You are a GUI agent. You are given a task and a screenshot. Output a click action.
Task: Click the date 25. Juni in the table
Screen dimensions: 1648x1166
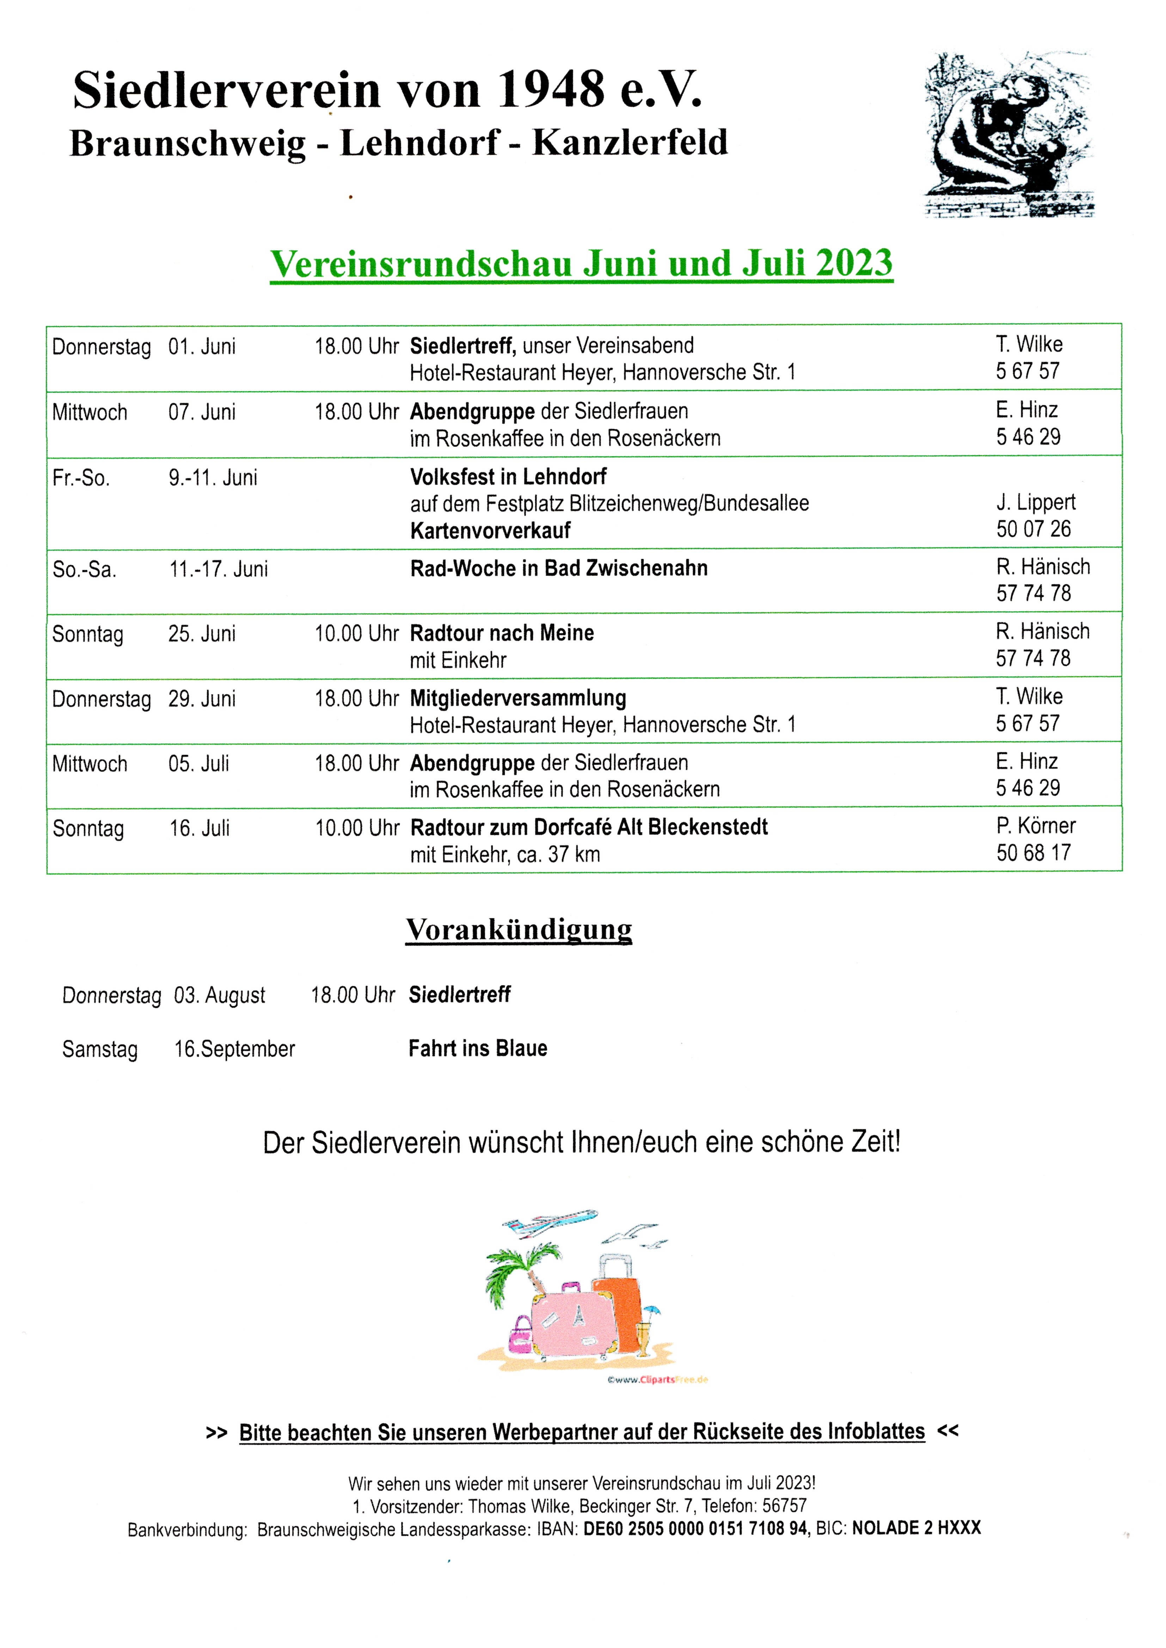point(202,634)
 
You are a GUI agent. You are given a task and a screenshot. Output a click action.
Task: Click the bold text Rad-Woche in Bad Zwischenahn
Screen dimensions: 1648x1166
point(559,568)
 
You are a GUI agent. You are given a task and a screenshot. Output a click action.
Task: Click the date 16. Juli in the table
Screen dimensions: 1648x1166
point(200,828)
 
